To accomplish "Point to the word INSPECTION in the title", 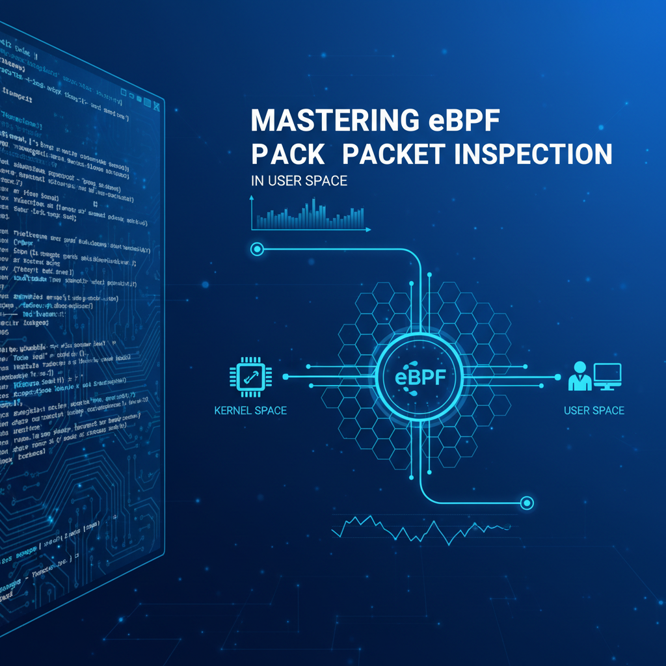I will pos(531,154).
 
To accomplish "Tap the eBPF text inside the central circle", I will pos(416,378).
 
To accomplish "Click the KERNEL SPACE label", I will pos(250,410).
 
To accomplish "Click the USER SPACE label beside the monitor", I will pos(594,410).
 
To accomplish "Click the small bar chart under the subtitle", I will pos(311,215).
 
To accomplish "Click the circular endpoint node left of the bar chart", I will pos(257,248).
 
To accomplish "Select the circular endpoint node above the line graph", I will pos(527,502).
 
